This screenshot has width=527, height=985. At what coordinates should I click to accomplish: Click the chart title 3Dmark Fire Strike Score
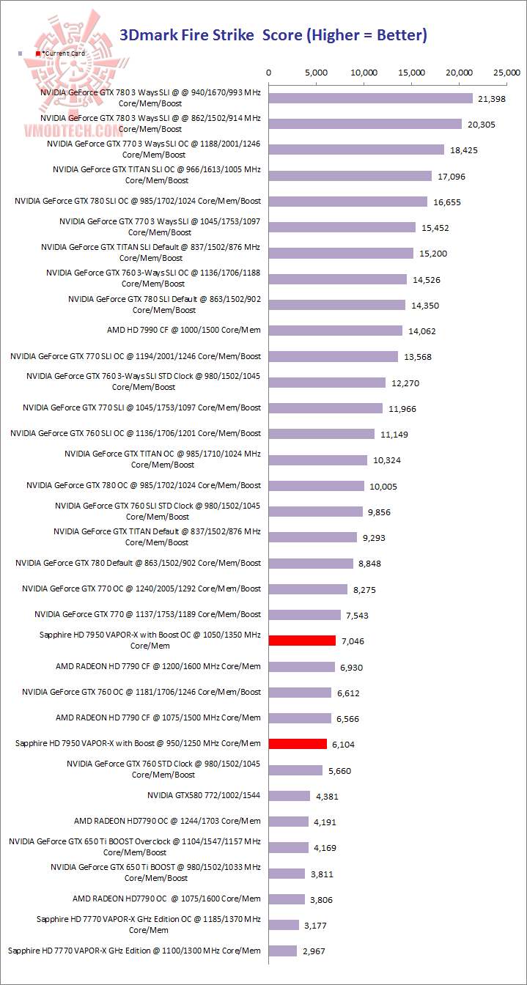pyautogui.click(x=273, y=34)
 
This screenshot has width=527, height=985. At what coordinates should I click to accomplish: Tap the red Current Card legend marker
pyautogui.click(x=38, y=54)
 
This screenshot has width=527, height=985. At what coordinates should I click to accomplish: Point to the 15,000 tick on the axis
pyautogui.click(x=412, y=73)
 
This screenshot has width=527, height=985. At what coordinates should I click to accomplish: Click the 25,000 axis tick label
pyautogui.click(x=507, y=73)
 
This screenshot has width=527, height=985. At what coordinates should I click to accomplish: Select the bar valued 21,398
pyautogui.click(x=371, y=98)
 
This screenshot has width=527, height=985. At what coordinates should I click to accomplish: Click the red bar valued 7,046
pyautogui.click(x=302, y=641)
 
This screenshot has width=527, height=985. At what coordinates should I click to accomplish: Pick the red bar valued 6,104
pyautogui.click(x=298, y=744)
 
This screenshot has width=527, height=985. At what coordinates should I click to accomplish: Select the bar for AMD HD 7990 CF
pyautogui.click(x=336, y=331)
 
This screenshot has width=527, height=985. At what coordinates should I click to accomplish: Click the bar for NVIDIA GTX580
pyautogui.click(x=290, y=796)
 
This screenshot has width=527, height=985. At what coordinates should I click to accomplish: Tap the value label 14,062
pyautogui.click(x=422, y=331)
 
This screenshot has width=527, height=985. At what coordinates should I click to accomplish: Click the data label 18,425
pyautogui.click(x=464, y=150)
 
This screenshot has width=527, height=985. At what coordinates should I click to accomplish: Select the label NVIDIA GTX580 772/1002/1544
pyautogui.click(x=204, y=795)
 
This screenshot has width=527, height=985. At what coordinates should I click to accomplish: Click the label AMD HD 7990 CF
pyautogui.click(x=183, y=330)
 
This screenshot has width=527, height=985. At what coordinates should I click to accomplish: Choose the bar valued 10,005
pyautogui.click(x=317, y=486)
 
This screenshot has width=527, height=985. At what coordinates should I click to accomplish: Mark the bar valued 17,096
pyautogui.click(x=350, y=176)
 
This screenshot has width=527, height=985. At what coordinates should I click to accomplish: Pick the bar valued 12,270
pyautogui.click(x=327, y=383)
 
